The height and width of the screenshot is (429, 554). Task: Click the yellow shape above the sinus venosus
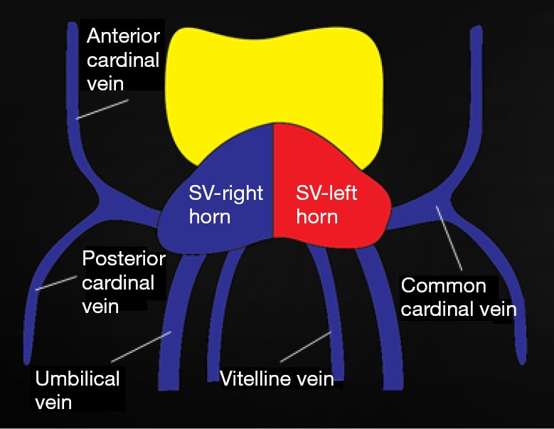pyautogui.click(x=270, y=78)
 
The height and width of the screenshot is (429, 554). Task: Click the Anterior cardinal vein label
pyautogui.click(x=122, y=60)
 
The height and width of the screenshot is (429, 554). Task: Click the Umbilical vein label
pyautogui.click(x=77, y=390)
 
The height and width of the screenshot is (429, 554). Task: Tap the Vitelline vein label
pyautogui.click(x=277, y=378)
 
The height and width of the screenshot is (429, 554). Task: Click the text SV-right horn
pyautogui.click(x=226, y=204)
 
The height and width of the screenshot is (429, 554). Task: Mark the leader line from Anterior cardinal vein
pyautogui.click(x=103, y=109)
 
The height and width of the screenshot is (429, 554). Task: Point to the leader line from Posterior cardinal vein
pyautogui.click(x=55, y=283)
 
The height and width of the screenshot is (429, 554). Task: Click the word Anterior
pyautogui.click(x=122, y=36)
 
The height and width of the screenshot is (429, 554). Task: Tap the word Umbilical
pyautogui.click(x=77, y=378)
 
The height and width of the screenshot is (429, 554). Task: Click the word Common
pyautogui.click(x=444, y=287)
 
